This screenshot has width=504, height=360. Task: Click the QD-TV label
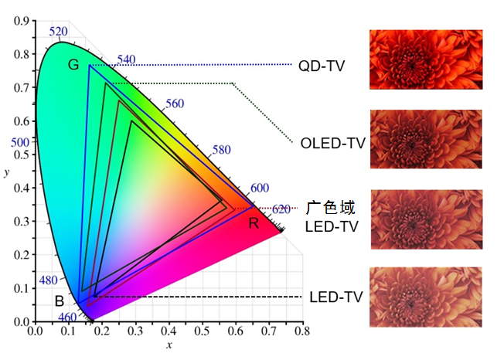(x=322, y=66)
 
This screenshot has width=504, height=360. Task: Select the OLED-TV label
(x=333, y=143)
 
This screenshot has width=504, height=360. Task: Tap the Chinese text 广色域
(x=330, y=207)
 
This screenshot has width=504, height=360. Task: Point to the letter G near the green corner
(x=73, y=65)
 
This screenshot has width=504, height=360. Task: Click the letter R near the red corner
(x=254, y=223)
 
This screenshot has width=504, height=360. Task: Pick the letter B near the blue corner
(x=60, y=301)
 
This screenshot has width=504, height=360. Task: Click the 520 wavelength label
(x=59, y=32)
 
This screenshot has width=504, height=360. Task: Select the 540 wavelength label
(x=126, y=59)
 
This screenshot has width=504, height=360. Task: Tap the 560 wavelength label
(x=175, y=104)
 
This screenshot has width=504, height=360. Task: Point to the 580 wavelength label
(x=221, y=150)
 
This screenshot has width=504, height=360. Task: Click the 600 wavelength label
(x=260, y=188)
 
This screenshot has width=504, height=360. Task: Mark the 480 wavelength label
(x=49, y=280)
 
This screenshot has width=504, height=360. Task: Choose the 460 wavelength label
(x=67, y=318)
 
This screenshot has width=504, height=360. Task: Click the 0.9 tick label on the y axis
(x=21, y=21)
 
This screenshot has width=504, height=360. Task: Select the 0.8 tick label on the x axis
(x=302, y=331)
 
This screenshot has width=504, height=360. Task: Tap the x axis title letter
(x=169, y=345)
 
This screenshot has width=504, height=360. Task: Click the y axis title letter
(x=7, y=172)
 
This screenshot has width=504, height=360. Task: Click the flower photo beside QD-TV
(x=426, y=59)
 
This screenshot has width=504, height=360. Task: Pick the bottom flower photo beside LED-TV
(x=426, y=297)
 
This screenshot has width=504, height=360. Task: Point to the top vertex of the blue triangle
(x=90, y=65)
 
